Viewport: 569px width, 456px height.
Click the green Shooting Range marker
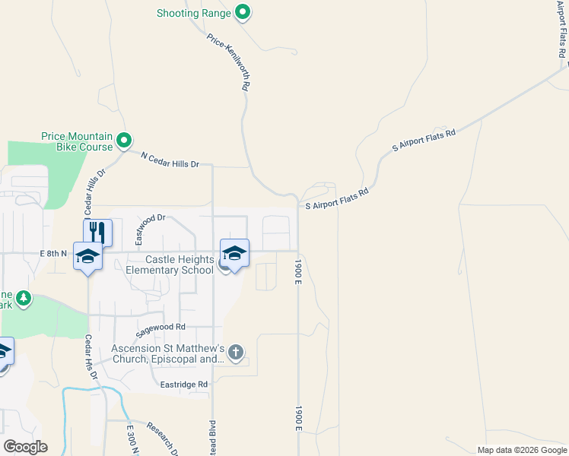(x=243, y=12)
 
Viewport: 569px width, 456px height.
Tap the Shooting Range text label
(x=194, y=13)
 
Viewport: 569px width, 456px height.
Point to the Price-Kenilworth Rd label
(x=228, y=62)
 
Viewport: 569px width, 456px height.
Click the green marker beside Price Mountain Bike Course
(x=124, y=141)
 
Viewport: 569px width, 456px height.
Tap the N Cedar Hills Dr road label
(x=170, y=159)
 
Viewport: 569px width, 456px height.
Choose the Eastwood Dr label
(x=150, y=229)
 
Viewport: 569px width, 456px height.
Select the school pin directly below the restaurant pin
(x=88, y=258)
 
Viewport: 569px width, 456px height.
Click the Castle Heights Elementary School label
(x=170, y=265)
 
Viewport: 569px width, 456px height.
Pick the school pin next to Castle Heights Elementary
(x=234, y=253)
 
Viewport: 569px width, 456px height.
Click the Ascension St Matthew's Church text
(x=168, y=353)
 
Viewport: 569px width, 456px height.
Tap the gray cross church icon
(x=236, y=352)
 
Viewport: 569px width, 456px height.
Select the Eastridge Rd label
(x=183, y=385)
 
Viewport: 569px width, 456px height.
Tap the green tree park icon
(x=24, y=298)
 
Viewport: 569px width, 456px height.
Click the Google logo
(x=25, y=447)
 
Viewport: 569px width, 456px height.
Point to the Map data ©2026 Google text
(x=521, y=450)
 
